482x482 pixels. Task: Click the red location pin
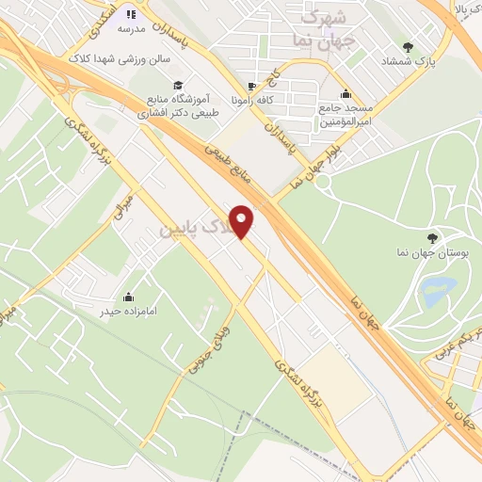click(x=243, y=221)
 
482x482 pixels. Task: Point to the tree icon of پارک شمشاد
click(x=408, y=47)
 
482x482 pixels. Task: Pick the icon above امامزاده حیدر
click(x=129, y=296)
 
